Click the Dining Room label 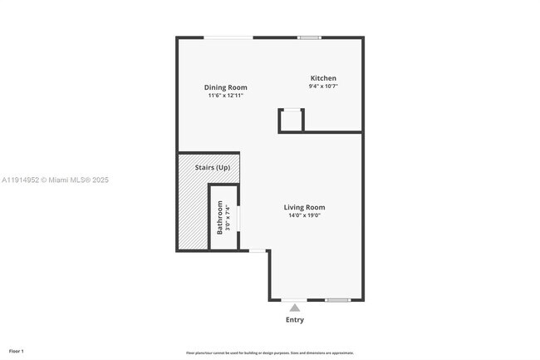(226, 87)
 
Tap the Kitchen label (323, 78)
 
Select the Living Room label (304, 207)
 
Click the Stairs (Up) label (212, 168)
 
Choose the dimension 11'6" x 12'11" (226, 96)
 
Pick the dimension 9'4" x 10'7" (323, 86)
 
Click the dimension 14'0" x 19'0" (304, 215)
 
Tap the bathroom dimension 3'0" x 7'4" (228, 218)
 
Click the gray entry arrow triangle (294, 308)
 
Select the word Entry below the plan (294, 319)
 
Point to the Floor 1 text (17, 351)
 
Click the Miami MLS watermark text (55, 180)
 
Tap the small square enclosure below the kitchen (291, 121)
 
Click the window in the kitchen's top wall (310, 37)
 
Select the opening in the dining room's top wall (229, 37)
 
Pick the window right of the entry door (337, 300)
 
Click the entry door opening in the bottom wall (294, 300)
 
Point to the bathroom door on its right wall (239, 218)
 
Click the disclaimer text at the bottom (270, 353)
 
